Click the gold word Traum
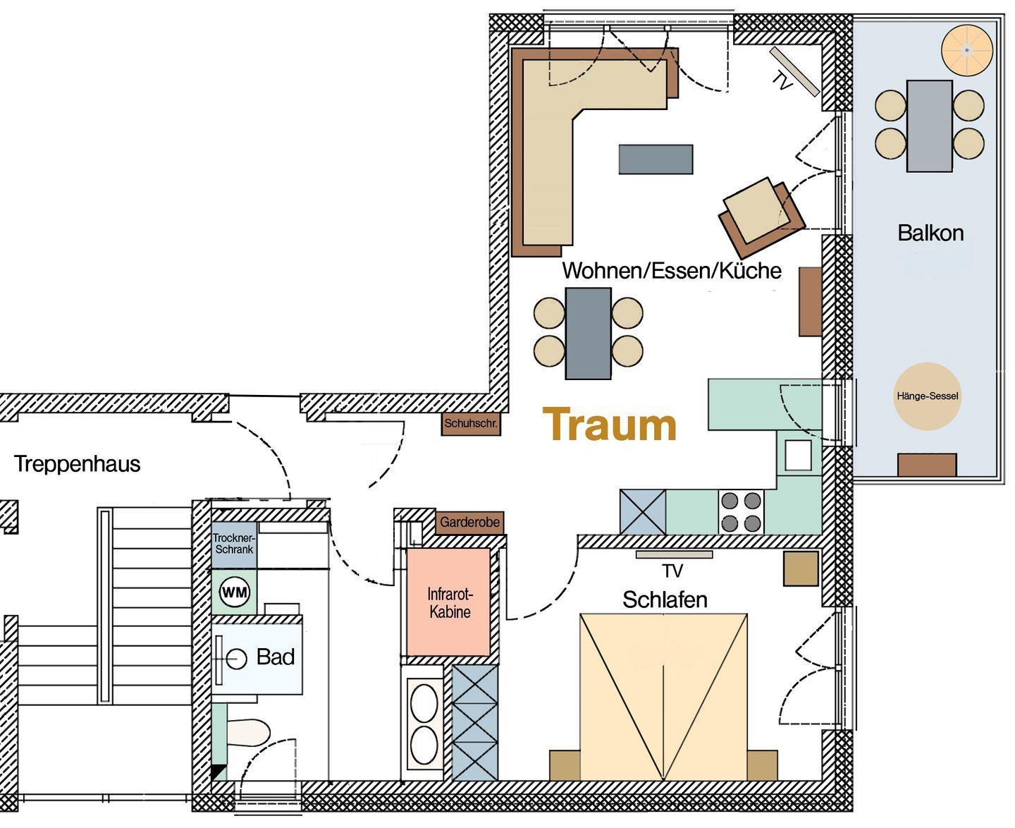click(609, 424)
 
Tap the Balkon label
click(930, 233)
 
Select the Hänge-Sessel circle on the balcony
click(927, 396)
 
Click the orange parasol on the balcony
click(967, 51)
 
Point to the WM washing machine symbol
click(235, 592)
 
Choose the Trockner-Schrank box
click(234, 544)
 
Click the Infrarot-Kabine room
click(449, 602)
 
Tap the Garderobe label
click(469, 522)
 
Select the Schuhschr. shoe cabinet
click(471, 424)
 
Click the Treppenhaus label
click(78, 464)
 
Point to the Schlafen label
click(665, 600)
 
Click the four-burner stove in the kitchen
click(741, 512)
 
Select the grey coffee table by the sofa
click(656, 159)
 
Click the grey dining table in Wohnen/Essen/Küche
click(588, 334)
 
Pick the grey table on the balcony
click(929, 126)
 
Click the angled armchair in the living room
click(761, 216)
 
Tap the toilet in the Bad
click(248, 733)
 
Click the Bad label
click(276, 657)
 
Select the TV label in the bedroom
click(672, 571)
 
